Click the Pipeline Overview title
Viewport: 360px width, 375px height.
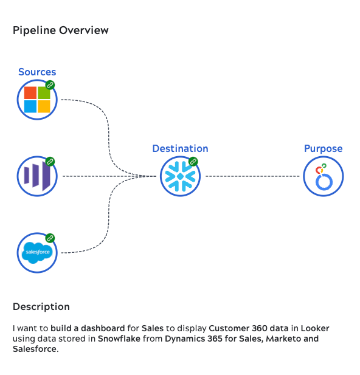[x=61, y=30]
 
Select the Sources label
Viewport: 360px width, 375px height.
[x=37, y=72]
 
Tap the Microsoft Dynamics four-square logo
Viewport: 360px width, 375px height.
[x=37, y=100]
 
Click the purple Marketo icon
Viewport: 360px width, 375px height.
[x=36, y=176]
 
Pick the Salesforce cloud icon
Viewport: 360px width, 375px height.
[x=37, y=252]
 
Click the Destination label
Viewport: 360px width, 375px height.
[x=180, y=148]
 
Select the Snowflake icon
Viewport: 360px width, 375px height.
[x=180, y=176]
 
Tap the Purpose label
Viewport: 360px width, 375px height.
[x=323, y=148]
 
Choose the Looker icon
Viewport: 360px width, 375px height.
[x=323, y=176]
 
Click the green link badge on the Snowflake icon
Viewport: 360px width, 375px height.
[x=193, y=162]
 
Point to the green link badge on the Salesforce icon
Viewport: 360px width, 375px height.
[x=50, y=238]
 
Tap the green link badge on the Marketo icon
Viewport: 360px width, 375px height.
[x=50, y=162]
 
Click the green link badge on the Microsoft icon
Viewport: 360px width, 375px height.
[x=50, y=85]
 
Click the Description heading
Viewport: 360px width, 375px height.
[x=41, y=306]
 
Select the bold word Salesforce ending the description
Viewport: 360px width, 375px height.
[x=35, y=349]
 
